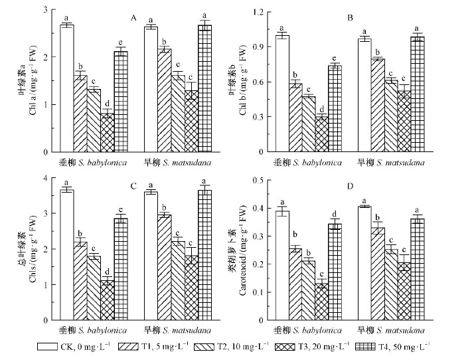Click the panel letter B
pyautogui.click(x=368, y=17)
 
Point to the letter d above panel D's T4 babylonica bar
pyautogui.click(x=334, y=214)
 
